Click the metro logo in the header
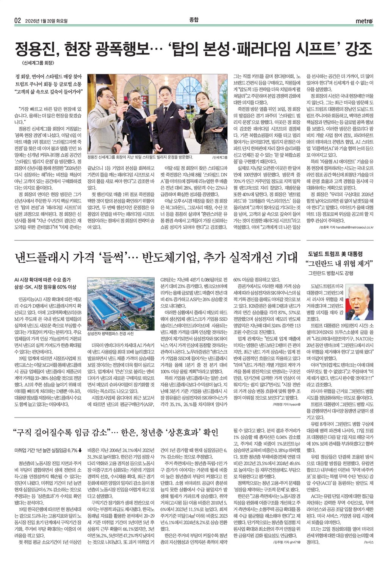pyautogui.click(x=364, y=21)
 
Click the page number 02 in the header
pyautogui.click(x=17, y=21)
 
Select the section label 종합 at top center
pyautogui.click(x=194, y=20)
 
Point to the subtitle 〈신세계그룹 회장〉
pyautogui.click(x=37, y=63)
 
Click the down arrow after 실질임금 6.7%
pyautogui.click(x=80, y=450)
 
